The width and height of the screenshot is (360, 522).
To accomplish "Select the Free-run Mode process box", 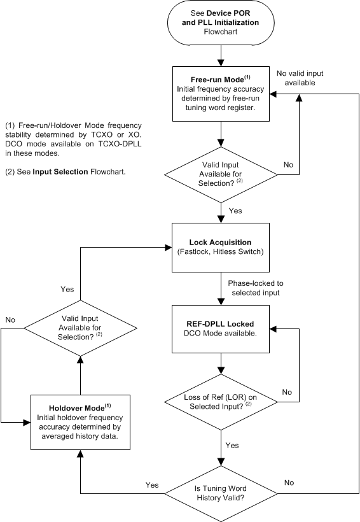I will click(x=220, y=93).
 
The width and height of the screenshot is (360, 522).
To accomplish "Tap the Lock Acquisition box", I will click(x=220, y=247).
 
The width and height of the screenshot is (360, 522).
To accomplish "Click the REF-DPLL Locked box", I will click(x=220, y=329).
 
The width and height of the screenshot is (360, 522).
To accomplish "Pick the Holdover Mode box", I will click(x=81, y=421).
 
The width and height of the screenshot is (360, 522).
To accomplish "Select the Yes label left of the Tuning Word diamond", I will click(x=152, y=485).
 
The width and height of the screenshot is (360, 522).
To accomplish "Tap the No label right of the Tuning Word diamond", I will click(x=289, y=483).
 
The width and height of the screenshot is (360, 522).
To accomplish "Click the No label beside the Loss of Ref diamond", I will click(x=287, y=392).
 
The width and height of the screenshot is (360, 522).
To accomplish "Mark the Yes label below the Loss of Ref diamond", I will click(x=233, y=445).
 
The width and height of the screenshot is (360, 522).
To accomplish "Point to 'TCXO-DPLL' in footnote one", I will click(x=120, y=143).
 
